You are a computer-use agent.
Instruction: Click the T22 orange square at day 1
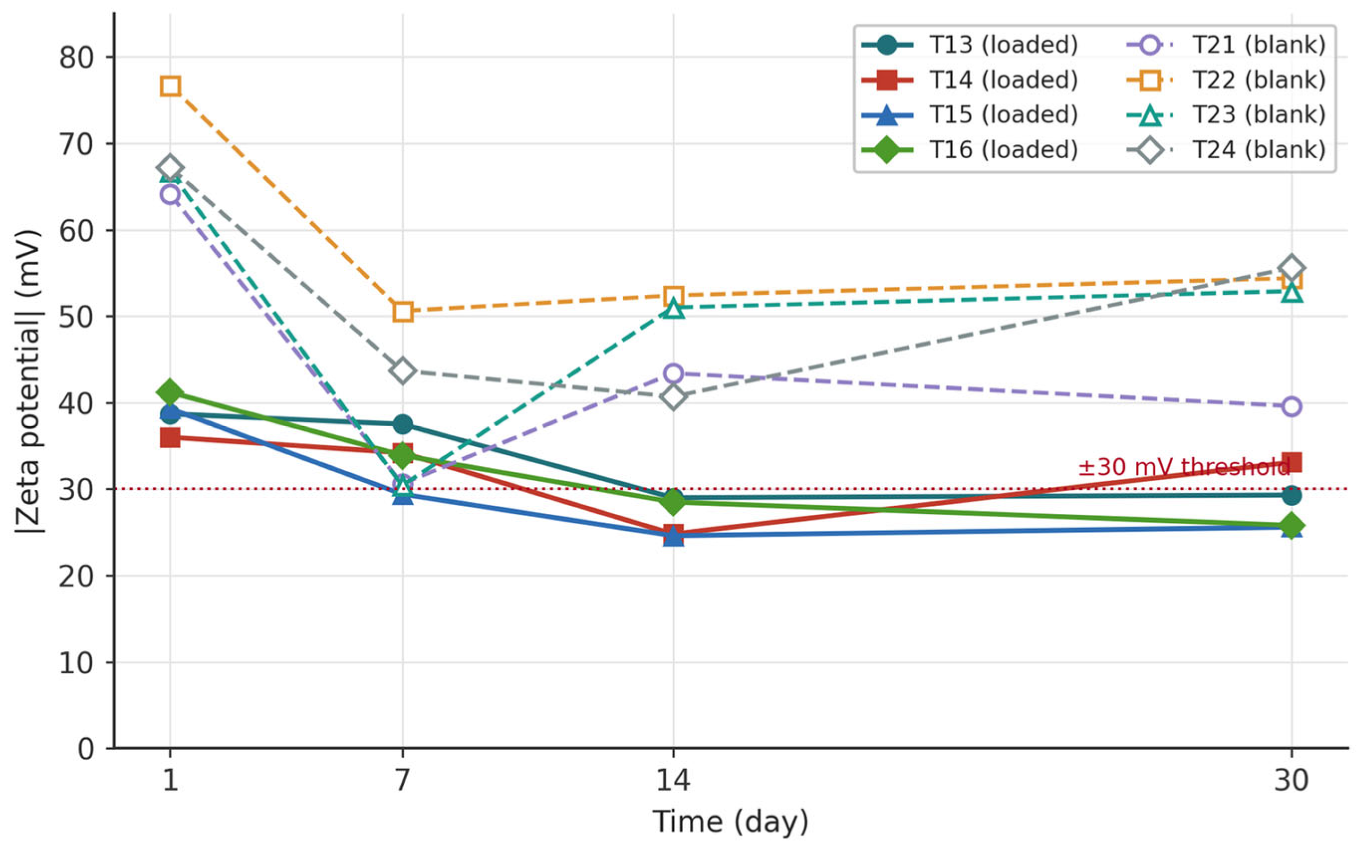click(170, 86)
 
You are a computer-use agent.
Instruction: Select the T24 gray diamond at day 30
click(1292, 267)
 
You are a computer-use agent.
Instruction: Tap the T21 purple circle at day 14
click(674, 373)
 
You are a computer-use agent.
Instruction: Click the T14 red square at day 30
click(1292, 463)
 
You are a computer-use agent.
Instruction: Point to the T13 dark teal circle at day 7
click(402, 424)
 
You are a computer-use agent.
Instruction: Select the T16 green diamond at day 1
click(170, 392)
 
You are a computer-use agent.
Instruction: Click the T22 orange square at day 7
click(402, 311)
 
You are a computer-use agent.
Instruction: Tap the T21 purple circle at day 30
click(1292, 406)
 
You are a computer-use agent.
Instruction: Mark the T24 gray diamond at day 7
click(402, 371)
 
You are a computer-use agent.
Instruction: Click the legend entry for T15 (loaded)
click(970, 115)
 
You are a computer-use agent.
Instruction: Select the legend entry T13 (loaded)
click(970, 45)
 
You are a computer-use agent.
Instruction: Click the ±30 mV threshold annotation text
click(1184, 467)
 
